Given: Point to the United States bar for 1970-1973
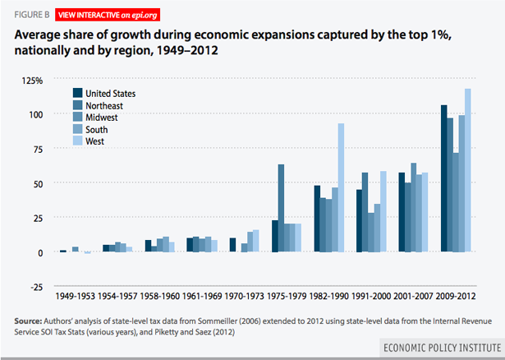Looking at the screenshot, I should (x=233, y=245).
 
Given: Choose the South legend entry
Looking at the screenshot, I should (x=95, y=129).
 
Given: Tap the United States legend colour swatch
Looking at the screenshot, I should (x=78, y=94).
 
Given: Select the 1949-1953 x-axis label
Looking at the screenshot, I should (x=75, y=294).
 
